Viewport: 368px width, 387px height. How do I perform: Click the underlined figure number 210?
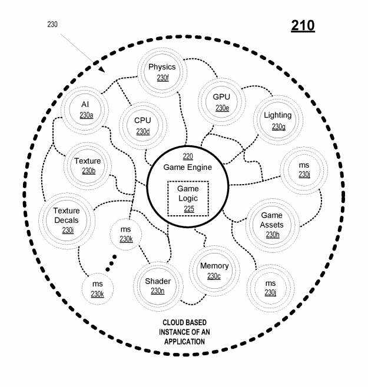303,26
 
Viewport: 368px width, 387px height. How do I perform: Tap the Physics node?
162,72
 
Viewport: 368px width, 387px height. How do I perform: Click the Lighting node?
278,120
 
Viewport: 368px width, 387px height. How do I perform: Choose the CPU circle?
142,126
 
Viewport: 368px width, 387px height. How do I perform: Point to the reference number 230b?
89,171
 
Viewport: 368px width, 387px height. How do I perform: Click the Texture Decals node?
67,221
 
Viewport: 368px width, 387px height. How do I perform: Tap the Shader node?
158,286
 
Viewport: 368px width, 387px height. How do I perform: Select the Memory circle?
214,271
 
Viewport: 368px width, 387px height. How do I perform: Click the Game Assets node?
272,225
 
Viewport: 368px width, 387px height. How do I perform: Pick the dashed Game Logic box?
188,199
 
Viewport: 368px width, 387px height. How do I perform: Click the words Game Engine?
188,168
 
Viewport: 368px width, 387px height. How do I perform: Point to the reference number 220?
188,156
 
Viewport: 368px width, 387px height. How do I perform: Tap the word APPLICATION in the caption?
185,342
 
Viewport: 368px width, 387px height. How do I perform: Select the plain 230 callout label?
52,24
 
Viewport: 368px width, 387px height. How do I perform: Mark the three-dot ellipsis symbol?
111,263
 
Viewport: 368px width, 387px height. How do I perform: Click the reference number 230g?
279,127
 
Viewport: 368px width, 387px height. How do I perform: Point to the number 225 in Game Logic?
189,209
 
